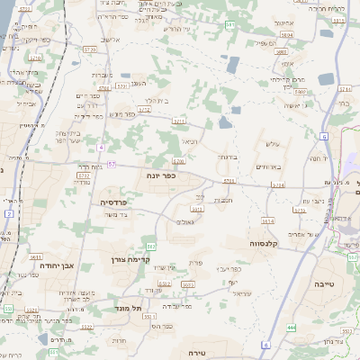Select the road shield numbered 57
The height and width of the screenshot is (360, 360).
click(111, 165)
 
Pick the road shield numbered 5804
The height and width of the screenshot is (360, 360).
click(285, 33)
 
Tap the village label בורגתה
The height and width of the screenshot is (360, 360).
click(226, 157)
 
